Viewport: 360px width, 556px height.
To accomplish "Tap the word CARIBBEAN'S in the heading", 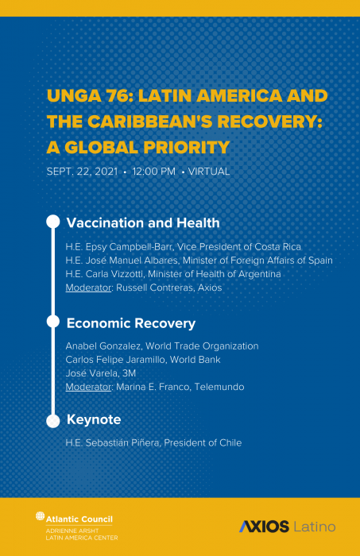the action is (x=149, y=122).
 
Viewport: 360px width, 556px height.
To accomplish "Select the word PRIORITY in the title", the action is (x=186, y=148).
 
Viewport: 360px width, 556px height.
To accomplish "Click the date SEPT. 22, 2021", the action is (x=82, y=172).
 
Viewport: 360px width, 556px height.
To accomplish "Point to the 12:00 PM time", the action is (x=153, y=172).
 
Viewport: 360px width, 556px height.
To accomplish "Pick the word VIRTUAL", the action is (x=209, y=172).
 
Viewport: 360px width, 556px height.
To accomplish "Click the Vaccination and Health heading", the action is (x=143, y=223).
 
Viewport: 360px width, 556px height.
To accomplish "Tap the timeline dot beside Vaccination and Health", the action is (x=53, y=222).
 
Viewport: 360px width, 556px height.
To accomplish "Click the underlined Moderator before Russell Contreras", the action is (x=88, y=288).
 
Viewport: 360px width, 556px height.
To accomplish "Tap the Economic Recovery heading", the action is (x=131, y=323).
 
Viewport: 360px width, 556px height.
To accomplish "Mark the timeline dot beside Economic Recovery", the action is (x=53, y=322).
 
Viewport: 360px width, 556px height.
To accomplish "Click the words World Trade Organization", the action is (x=202, y=346).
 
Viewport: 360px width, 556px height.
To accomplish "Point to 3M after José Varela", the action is (x=129, y=373).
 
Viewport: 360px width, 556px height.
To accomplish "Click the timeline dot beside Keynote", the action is (x=53, y=421).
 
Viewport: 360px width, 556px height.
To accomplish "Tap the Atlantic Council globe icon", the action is (x=40, y=516).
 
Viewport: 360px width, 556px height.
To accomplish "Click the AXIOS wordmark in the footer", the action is (x=264, y=527).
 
